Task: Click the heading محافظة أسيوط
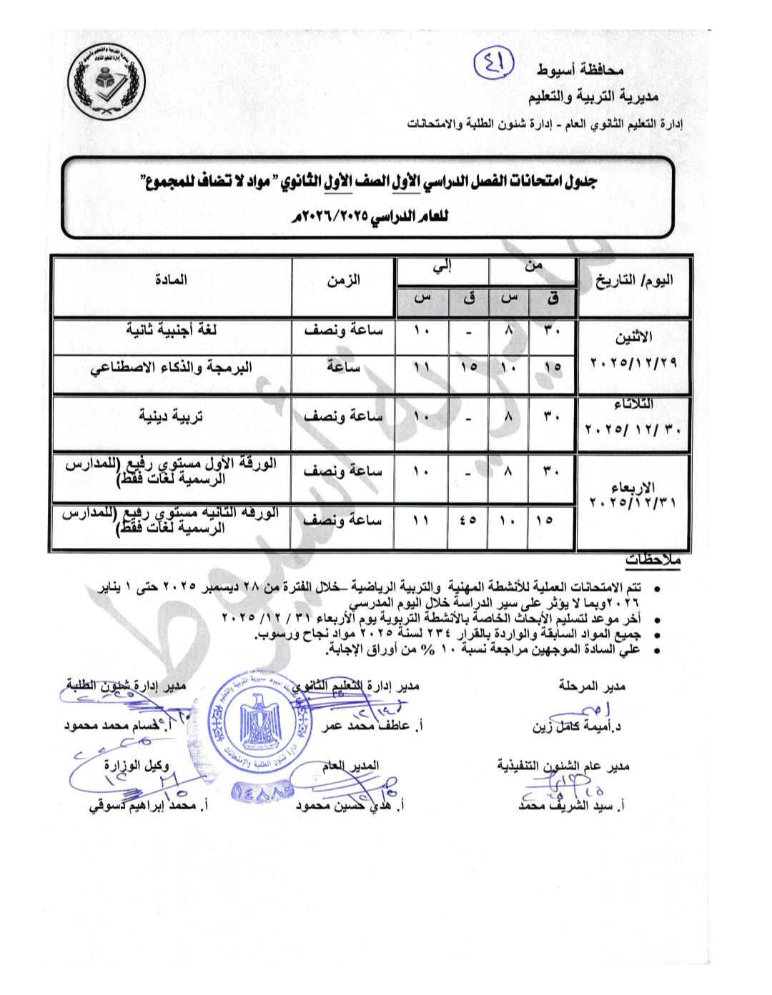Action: point(580,70)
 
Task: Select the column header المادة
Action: point(171,280)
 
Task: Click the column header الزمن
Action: point(344,280)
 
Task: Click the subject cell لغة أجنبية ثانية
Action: point(172,330)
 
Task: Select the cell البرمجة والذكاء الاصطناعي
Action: point(171,367)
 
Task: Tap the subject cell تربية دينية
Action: point(171,416)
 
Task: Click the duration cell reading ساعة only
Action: point(344,367)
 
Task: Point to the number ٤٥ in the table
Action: point(468,521)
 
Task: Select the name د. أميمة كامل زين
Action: point(577,728)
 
